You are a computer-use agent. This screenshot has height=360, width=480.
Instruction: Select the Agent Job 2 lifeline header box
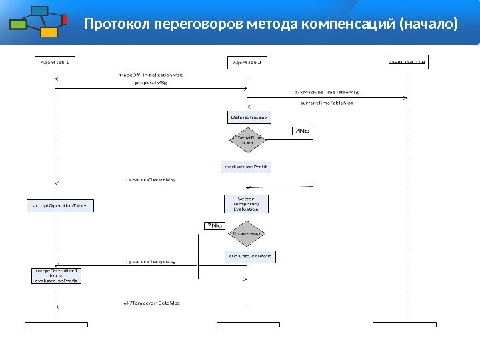[x=247, y=62]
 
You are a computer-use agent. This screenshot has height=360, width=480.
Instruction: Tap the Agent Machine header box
[x=406, y=62]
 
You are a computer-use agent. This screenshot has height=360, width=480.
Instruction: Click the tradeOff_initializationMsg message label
[x=151, y=75]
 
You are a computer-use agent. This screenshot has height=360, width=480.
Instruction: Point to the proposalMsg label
[x=151, y=84]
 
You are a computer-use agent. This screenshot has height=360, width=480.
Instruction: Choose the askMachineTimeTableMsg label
[x=325, y=93]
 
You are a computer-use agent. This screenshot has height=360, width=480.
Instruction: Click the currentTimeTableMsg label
[x=325, y=103]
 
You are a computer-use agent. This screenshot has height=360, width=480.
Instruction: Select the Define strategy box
[x=248, y=117]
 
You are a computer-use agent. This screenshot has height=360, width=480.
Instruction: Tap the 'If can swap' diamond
[x=247, y=234]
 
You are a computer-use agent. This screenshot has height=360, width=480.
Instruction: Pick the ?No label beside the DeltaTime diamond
[x=302, y=131]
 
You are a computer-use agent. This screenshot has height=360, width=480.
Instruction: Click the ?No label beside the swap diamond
[x=214, y=226]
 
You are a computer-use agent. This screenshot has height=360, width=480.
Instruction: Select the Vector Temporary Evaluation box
[x=246, y=204]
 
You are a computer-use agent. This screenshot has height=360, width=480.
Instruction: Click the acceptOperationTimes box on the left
[x=60, y=206]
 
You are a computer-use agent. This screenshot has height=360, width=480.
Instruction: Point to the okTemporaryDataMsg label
[x=151, y=303]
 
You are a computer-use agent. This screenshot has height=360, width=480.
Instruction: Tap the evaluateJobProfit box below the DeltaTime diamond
[x=246, y=167]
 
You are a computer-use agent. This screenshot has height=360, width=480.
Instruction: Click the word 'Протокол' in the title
[x=116, y=25]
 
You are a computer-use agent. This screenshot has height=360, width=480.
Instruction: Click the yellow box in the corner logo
[x=48, y=33]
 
